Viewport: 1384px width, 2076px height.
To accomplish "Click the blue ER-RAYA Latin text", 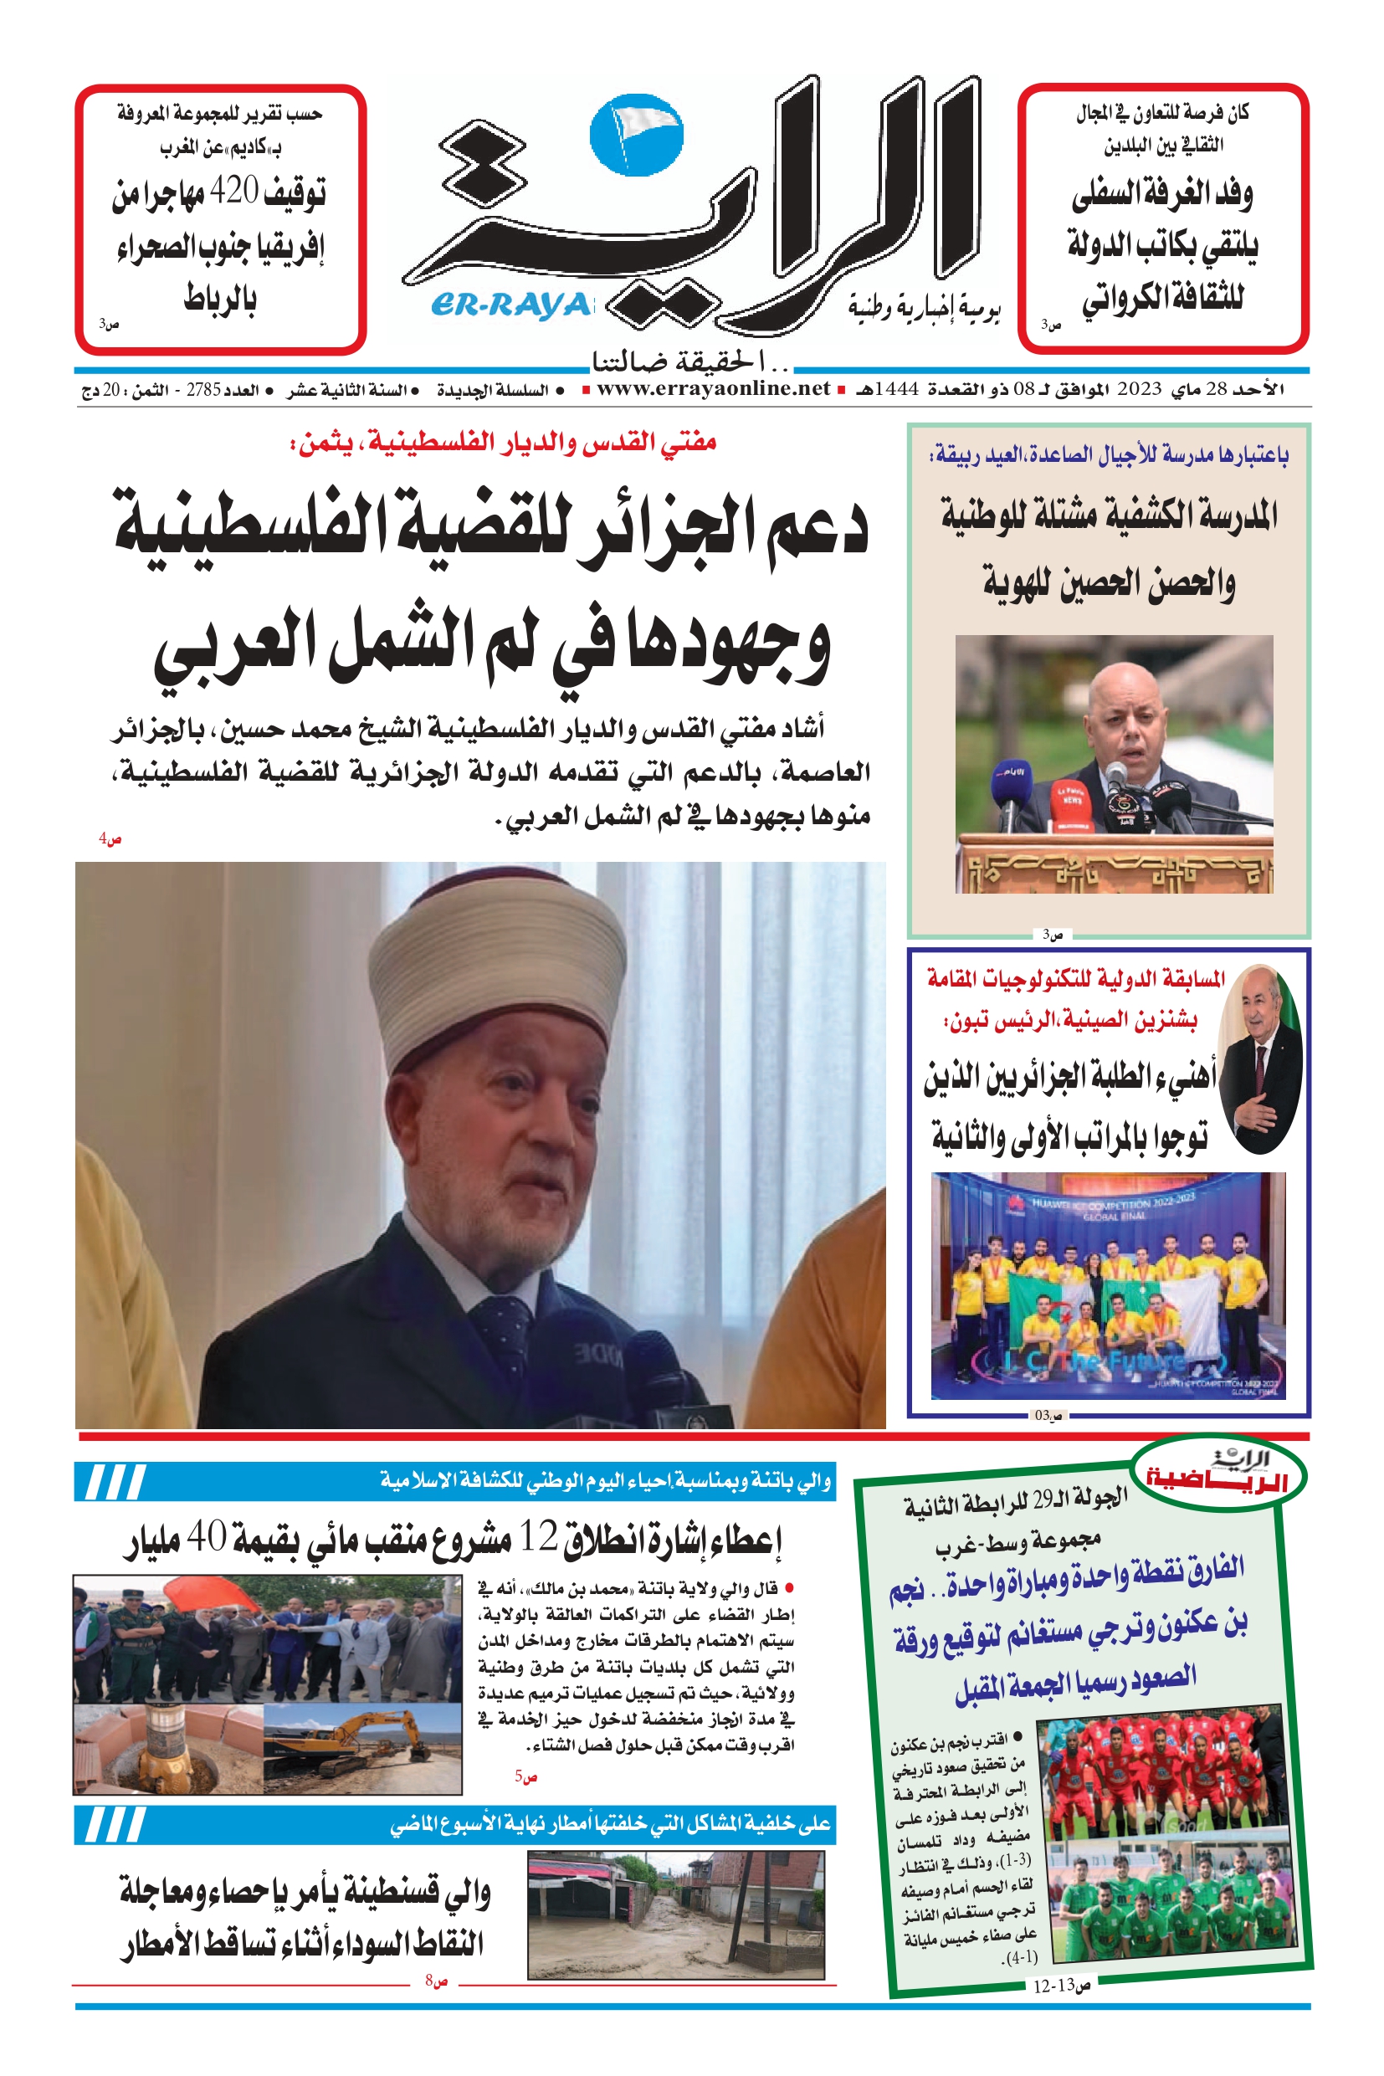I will pyautogui.click(x=510, y=305).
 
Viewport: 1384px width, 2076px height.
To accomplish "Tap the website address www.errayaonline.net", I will pyautogui.click(x=713, y=388).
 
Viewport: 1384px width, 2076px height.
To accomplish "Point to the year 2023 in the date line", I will pyautogui.click(x=1139, y=389).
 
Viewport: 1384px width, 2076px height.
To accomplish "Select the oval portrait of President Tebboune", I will pyautogui.click(x=1259, y=1060).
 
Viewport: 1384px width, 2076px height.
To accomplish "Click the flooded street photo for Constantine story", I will pyautogui.click(x=675, y=1913).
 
